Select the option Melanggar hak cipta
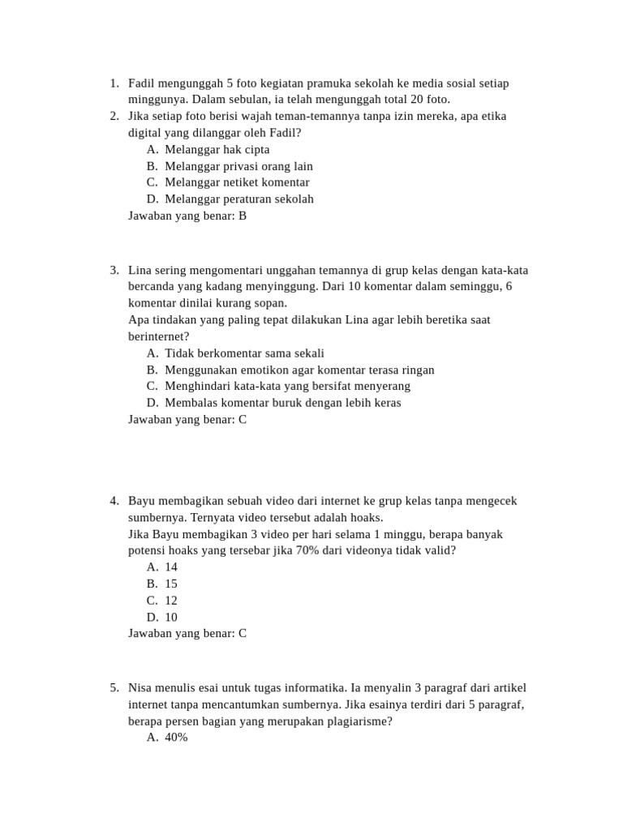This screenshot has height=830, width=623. [x=217, y=150]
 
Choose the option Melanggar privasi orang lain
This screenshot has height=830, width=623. [x=238, y=166]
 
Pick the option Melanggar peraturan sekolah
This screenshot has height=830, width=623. [x=238, y=199]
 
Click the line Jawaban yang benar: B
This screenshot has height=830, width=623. [x=187, y=216]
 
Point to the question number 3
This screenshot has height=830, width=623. [x=114, y=271]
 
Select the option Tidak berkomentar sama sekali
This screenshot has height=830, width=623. [x=244, y=353]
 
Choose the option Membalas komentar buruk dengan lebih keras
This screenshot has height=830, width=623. [x=282, y=403]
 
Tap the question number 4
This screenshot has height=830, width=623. [x=114, y=501]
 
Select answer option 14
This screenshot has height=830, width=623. [x=170, y=567]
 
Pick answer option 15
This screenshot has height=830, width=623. [x=170, y=584]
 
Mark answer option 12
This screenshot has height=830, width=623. [x=170, y=601]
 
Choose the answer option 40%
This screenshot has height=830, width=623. [x=176, y=738]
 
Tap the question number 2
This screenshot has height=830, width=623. [x=114, y=117]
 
